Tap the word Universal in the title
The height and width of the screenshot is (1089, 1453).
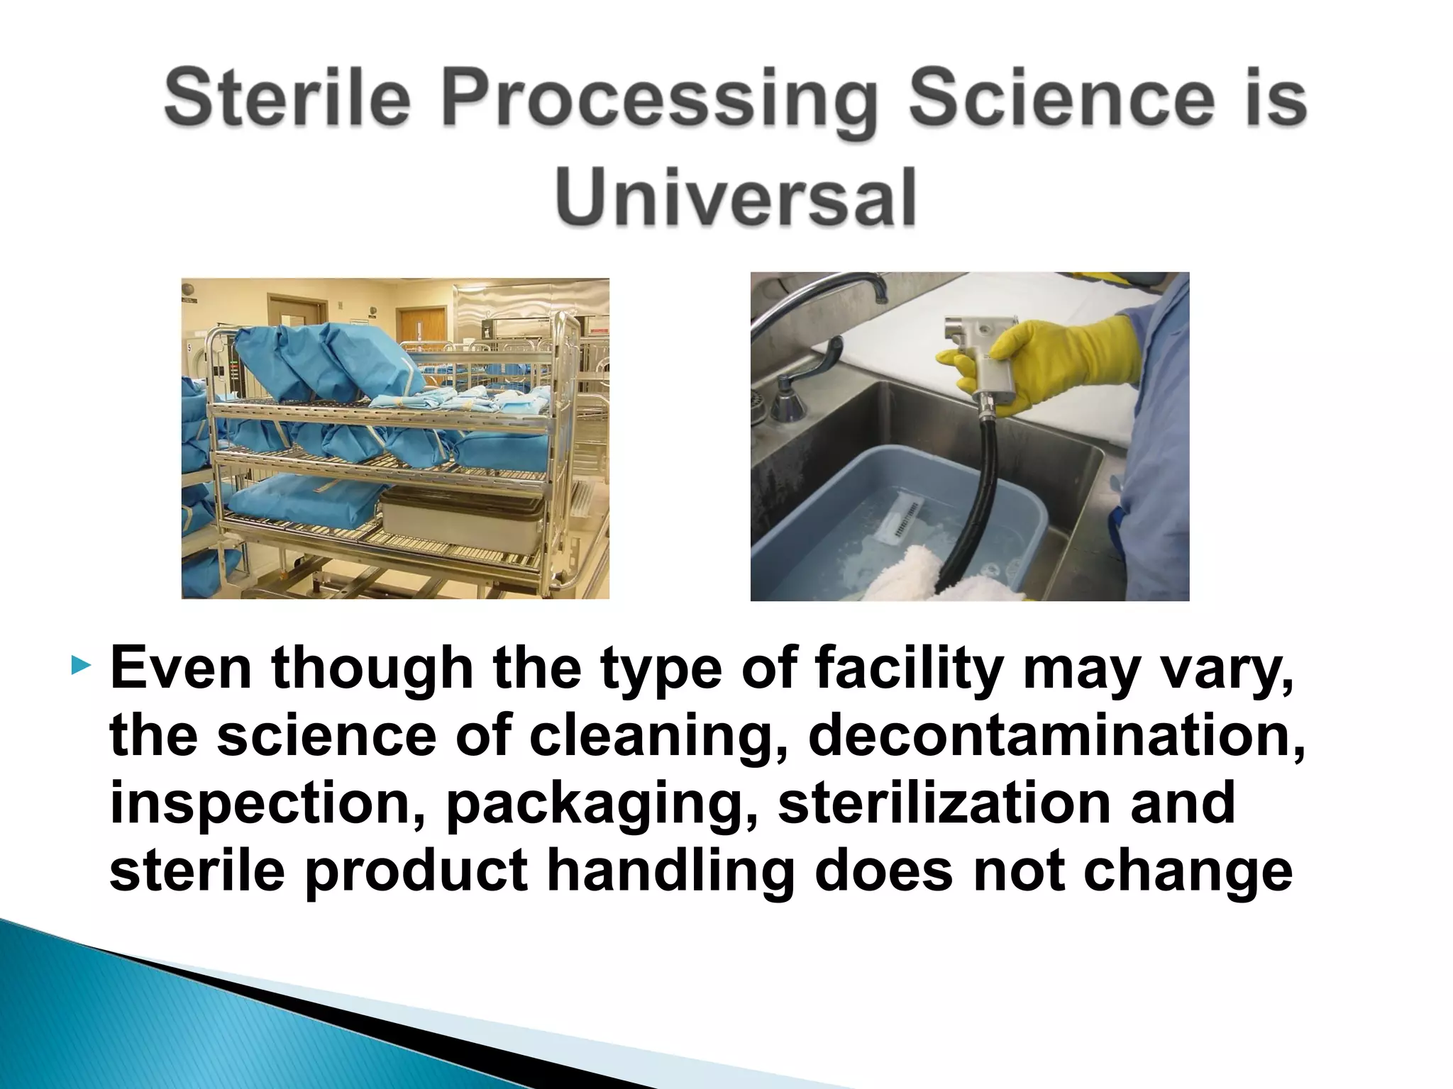tap(736, 197)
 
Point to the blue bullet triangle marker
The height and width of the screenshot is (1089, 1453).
tap(82, 666)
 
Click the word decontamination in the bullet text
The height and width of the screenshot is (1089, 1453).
tap(1056, 735)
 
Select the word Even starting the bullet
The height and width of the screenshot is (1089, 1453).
tap(181, 668)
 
